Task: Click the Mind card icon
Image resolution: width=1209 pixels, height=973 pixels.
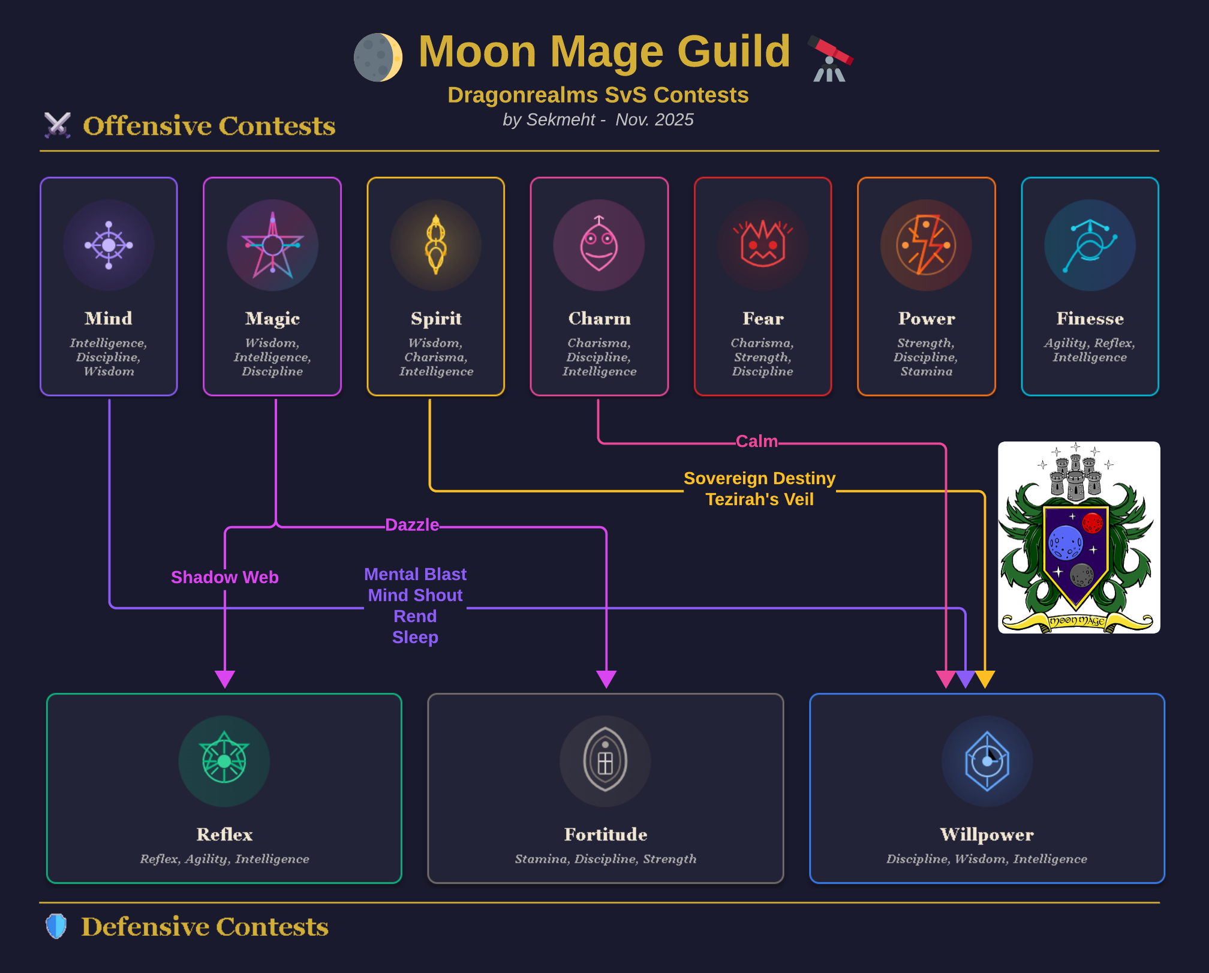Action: (x=109, y=245)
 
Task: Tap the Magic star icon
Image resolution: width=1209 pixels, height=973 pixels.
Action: (x=272, y=245)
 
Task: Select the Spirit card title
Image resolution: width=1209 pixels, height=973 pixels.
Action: (x=436, y=319)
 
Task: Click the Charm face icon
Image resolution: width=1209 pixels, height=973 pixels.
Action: (x=599, y=245)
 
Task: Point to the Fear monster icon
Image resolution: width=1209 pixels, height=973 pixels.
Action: (x=763, y=245)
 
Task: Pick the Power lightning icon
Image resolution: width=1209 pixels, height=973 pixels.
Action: (x=927, y=245)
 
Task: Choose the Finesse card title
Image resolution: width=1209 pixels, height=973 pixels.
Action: (x=1090, y=319)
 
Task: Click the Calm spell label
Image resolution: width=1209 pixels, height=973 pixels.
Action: (x=757, y=442)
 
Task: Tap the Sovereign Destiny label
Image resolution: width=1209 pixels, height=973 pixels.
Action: (x=759, y=479)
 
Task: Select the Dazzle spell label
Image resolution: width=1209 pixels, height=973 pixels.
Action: (x=412, y=525)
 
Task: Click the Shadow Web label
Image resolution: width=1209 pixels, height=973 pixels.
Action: (x=225, y=577)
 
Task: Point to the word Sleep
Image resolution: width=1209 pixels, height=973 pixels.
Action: (x=415, y=637)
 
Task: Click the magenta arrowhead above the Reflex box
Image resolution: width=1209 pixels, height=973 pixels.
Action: (x=225, y=679)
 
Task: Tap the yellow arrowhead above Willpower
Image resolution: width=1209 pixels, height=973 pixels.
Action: (x=985, y=679)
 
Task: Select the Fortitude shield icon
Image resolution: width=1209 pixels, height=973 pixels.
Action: (x=605, y=761)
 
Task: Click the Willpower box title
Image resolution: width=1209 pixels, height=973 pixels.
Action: (x=987, y=834)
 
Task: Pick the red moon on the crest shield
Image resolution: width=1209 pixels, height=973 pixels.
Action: (x=1092, y=523)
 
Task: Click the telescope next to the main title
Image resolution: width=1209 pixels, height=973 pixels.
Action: (x=831, y=58)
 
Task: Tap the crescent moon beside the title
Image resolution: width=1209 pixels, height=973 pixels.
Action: (x=378, y=58)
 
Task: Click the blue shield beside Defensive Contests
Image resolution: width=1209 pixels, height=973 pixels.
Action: (x=56, y=926)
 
